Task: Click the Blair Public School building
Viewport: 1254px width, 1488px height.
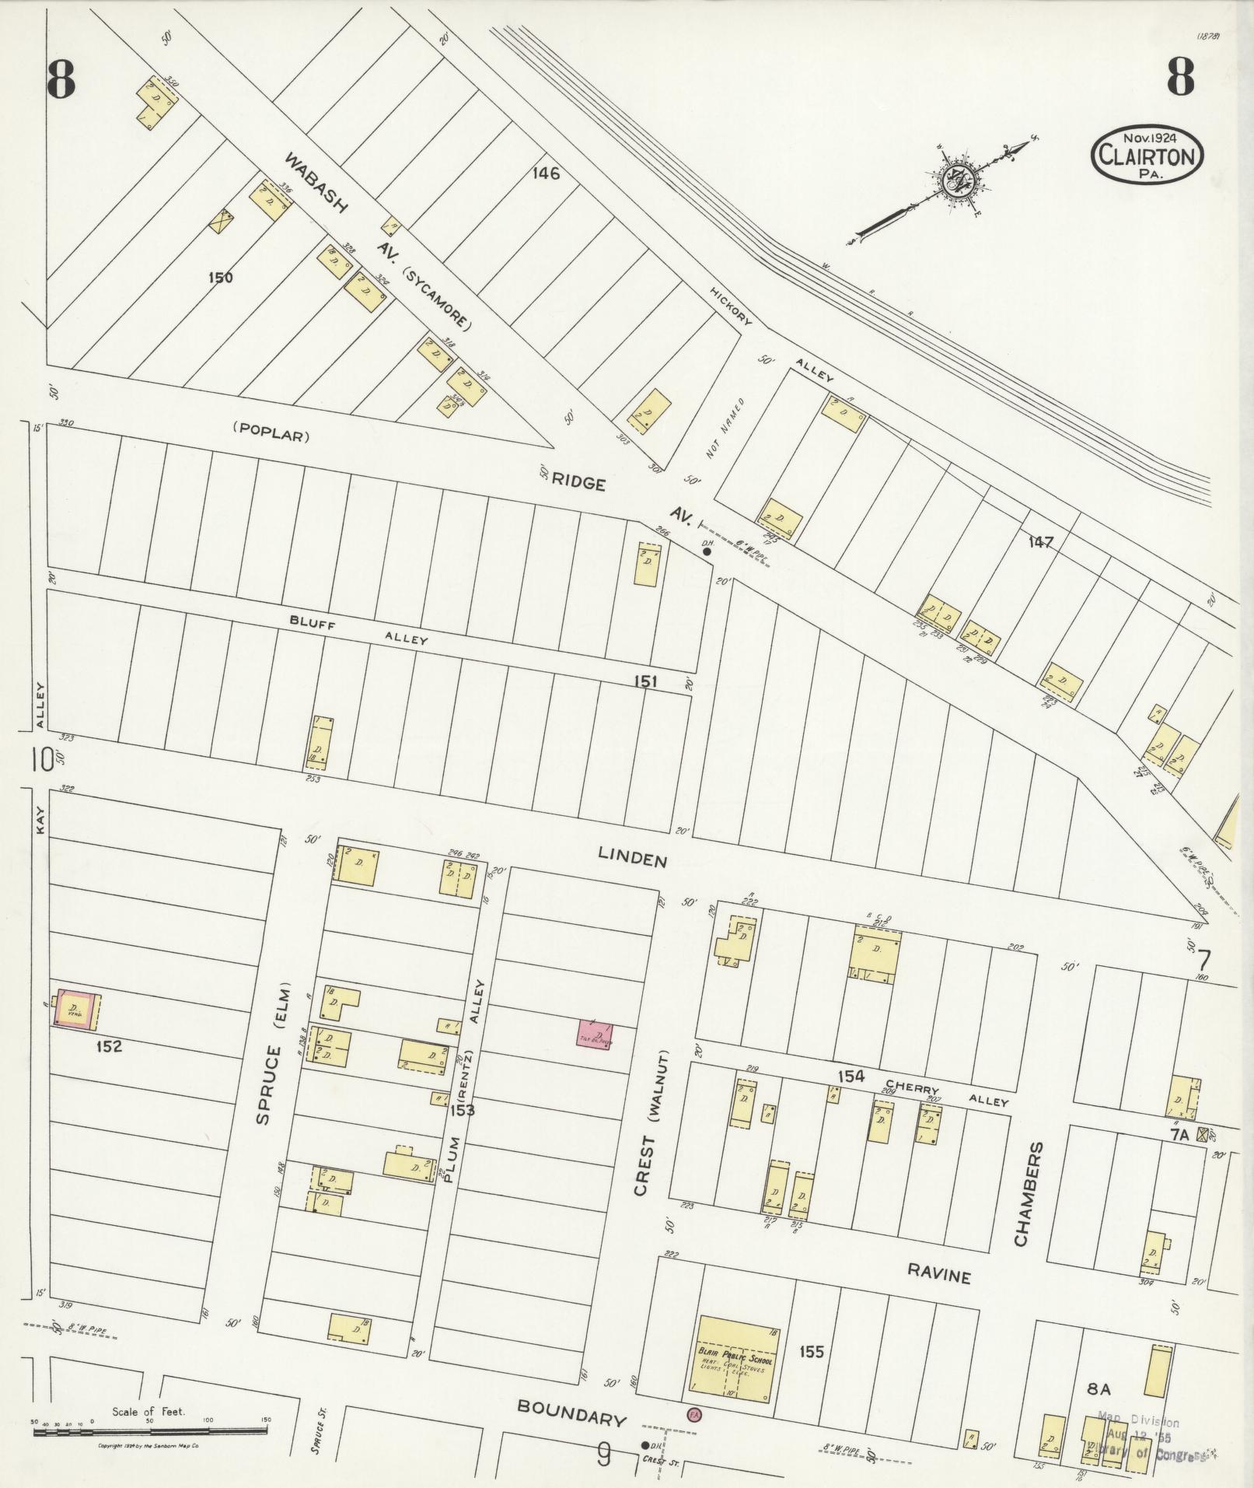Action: (x=732, y=1360)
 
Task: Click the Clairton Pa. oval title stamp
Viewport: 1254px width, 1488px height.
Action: (x=1147, y=155)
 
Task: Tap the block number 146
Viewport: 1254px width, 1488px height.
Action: (x=546, y=173)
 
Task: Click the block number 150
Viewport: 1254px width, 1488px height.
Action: (x=220, y=277)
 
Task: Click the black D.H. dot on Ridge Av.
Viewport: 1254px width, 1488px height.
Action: (x=707, y=551)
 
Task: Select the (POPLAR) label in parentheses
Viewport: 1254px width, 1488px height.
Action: (x=271, y=436)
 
